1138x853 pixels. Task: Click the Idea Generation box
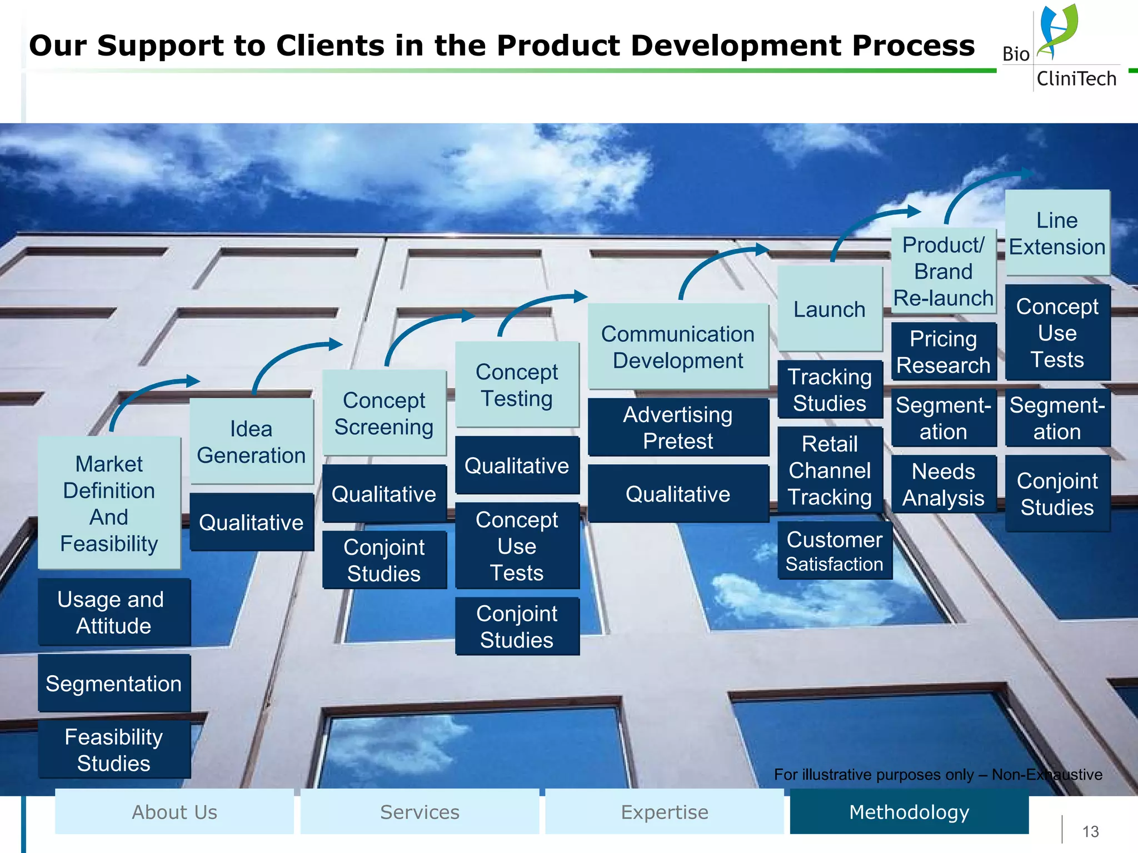tap(251, 441)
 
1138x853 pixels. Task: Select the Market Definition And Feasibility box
tap(109, 503)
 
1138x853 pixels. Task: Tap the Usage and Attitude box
tap(114, 612)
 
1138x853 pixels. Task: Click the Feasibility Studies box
tap(114, 749)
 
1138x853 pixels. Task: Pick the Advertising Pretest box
tap(678, 428)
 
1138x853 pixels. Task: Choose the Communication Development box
tap(678, 347)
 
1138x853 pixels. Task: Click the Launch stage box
tap(830, 309)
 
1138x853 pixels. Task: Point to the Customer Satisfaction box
tap(835, 550)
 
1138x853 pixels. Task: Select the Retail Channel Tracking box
tap(830, 470)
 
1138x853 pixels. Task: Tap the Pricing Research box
tap(944, 352)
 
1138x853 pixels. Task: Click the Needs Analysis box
tap(944, 484)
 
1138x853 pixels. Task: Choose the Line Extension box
tap(1057, 233)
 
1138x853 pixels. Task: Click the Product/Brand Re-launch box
tap(944, 271)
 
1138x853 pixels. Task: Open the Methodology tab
tap(909, 812)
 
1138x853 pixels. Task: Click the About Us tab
tap(174, 812)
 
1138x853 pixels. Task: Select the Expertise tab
tap(665, 812)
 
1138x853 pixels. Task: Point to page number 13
tap(1090, 831)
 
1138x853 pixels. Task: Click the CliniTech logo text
tap(1076, 79)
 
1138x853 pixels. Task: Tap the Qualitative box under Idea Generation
tap(251, 522)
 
